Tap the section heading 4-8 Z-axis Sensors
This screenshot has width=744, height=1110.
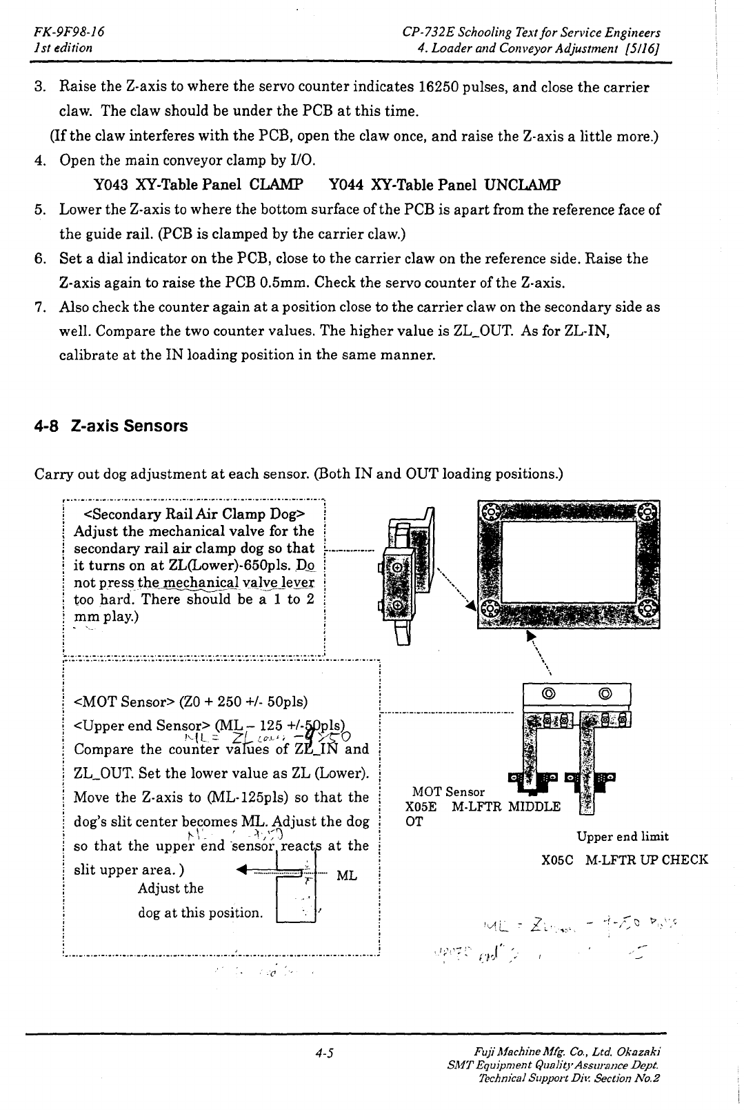[111, 426]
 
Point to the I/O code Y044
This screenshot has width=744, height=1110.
[346, 185]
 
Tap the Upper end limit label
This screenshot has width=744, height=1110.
[623, 837]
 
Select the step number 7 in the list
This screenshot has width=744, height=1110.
[40, 307]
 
